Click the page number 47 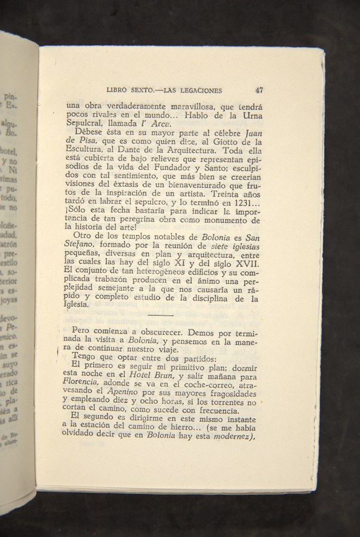[x=259, y=91]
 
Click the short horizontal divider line [x=159, y=314]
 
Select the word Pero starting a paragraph [x=82, y=331]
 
